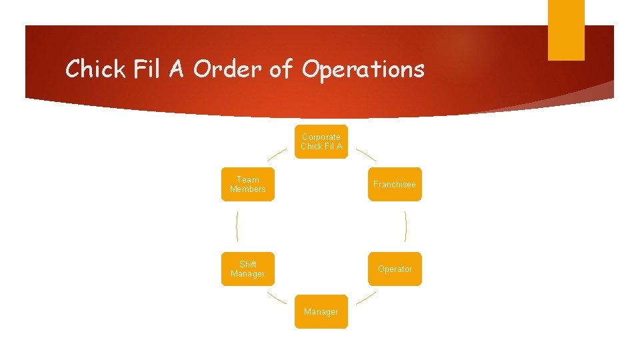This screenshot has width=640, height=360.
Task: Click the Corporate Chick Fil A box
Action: tap(321, 141)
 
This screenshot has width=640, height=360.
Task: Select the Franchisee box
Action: tap(395, 184)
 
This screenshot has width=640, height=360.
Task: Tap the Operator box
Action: tap(395, 269)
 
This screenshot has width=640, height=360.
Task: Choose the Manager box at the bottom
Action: tap(321, 311)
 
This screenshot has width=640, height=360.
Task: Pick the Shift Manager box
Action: tap(247, 269)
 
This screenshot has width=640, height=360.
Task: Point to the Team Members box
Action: tap(247, 184)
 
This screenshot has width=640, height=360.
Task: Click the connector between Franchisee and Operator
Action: tap(405, 227)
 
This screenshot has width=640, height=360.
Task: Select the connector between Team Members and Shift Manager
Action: tap(237, 227)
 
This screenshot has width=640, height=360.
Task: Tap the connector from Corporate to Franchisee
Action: tap(365, 155)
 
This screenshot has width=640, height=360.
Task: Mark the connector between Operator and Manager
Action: tap(365, 298)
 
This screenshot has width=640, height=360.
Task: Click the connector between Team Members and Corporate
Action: tap(277, 155)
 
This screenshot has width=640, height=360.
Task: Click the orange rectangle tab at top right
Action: tap(566, 30)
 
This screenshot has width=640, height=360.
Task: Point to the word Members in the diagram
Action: tap(247, 189)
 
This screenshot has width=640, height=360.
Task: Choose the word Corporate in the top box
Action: tap(321, 137)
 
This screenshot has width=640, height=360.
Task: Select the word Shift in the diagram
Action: tap(247, 264)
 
